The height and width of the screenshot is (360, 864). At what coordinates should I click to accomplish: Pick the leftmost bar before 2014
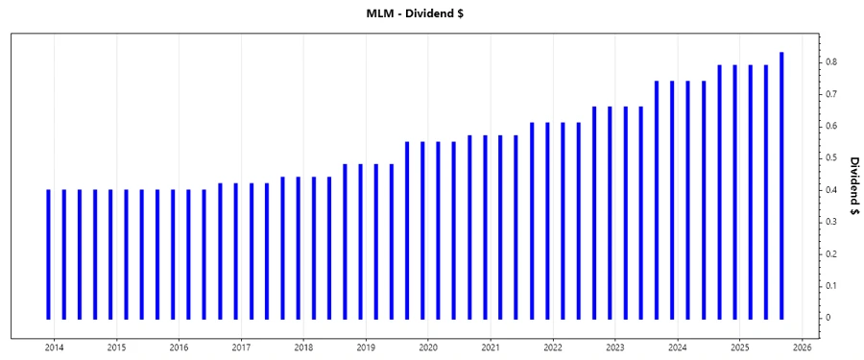click(48, 253)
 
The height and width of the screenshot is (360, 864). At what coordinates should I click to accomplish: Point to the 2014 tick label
click(54, 348)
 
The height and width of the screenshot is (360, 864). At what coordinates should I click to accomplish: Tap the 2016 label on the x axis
click(179, 348)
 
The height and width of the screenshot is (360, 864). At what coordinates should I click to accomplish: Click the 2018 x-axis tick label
click(303, 348)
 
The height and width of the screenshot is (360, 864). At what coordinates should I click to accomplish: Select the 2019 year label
click(366, 348)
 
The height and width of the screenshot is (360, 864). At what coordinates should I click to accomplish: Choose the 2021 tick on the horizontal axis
click(491, 348)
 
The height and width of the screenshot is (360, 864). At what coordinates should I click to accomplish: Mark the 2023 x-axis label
click(615, 348)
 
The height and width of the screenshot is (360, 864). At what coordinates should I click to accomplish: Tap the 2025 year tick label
click(740, 348)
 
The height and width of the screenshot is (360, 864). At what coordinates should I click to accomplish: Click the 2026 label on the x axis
click(803, 348)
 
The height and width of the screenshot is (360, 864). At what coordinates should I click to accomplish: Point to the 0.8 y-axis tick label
click(831, 62)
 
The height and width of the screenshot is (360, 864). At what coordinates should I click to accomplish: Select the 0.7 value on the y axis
click(831, 94)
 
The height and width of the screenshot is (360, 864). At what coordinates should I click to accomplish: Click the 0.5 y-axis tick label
click(831, 158)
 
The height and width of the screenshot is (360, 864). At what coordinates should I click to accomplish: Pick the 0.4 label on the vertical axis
click(831, 190)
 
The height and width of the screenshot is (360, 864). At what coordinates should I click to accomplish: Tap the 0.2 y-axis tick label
click(831, 253)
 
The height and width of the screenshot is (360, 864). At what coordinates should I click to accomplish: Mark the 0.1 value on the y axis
click(831, 286)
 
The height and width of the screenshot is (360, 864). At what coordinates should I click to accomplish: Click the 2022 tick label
click(553, 348)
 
